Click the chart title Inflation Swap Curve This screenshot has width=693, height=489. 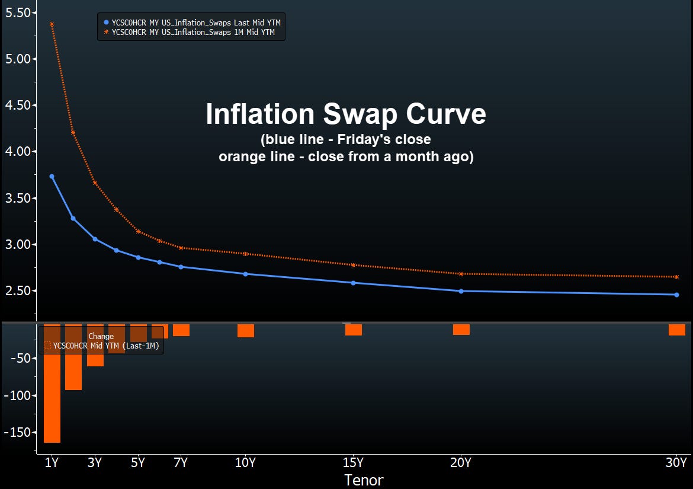coord(346,114)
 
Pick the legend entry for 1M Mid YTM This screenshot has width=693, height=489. coord(192,32)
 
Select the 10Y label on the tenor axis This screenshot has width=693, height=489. coord(245,463)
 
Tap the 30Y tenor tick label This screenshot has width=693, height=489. coord(676,463)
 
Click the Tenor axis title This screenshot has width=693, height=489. coord(364,480)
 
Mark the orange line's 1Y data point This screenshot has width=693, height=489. coord(52,24)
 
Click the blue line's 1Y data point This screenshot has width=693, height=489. coord(52,177)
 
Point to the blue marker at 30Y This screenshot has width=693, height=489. coord(676,295)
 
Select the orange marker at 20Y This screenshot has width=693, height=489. coord(461,274)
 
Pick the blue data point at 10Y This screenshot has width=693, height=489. coord(245,274)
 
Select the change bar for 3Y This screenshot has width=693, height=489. coord(95,359)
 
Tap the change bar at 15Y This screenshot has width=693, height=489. coord(354,330)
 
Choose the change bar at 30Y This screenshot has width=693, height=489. coord(676,330)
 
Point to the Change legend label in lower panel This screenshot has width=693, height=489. coord(101,336)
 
